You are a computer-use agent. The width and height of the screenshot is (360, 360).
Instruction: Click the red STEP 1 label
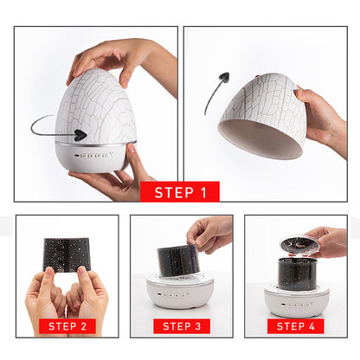pos(180,191)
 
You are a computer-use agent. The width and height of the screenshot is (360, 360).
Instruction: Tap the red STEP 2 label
pos(67,326)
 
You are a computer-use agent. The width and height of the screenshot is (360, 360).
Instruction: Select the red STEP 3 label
pos(182,326)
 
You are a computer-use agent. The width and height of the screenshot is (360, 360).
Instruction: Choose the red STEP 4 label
pos(295,326)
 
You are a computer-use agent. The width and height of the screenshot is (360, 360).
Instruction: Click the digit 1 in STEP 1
pos(203,193)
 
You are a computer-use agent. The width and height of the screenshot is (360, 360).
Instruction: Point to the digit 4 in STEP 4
pos(312,326)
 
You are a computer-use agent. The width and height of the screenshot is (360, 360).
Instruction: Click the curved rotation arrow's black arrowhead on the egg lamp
pos(80,135)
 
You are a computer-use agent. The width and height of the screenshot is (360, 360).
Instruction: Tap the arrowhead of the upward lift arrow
pos(224,77)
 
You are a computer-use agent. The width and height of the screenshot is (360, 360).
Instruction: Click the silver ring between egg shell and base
pos(95,144)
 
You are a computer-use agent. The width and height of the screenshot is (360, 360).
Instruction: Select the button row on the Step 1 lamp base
pos(93,156)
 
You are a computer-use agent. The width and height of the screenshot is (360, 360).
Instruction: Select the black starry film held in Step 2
pos(67,254)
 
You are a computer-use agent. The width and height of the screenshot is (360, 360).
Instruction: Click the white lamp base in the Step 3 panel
pos(180,292)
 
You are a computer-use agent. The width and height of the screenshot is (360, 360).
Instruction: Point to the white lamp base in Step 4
pos(297,300)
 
